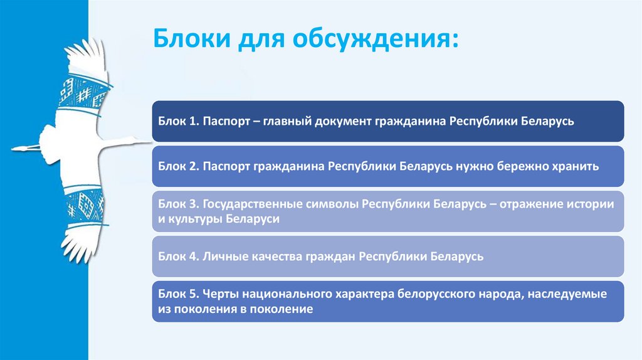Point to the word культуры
(195, 220)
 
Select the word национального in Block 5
(270, 294)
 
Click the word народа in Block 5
(493, 294)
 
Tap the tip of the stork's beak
(13, 149)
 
